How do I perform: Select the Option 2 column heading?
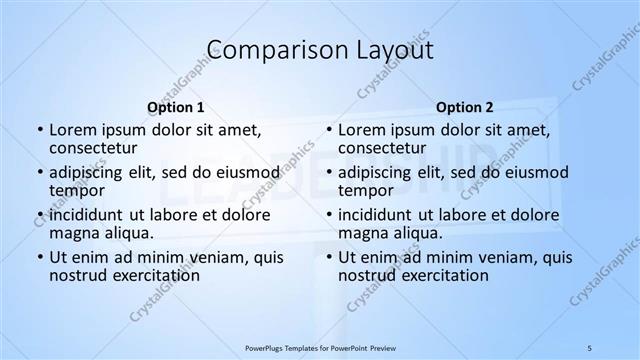tap(464, 107)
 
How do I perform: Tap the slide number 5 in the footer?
tap(590, 347)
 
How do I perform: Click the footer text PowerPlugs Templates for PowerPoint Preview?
tap(319, 347)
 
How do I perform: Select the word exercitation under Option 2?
tap(444, 275)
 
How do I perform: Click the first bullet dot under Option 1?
tap(40, 130)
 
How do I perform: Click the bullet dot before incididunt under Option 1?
tap(40, 215)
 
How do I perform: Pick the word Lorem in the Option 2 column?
tap(360, 129)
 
